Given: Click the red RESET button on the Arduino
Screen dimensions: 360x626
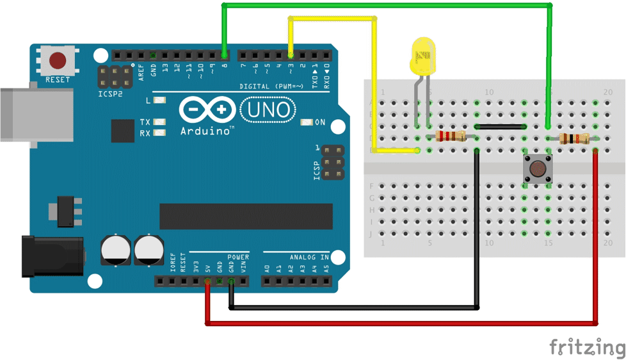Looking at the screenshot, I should [58, 61].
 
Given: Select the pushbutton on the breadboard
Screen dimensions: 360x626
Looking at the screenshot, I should [536, 169].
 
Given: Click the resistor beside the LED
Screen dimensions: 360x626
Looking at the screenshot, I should [451, 136].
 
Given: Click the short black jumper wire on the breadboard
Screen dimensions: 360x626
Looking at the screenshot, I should [501, 127].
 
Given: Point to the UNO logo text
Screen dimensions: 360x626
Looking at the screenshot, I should [268, 110].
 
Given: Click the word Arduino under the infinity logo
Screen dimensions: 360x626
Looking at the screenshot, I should [205, 131].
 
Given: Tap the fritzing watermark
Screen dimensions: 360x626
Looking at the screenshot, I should [586, 347].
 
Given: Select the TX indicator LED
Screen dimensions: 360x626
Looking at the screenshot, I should [159, 122].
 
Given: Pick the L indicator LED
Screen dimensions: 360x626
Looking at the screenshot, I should [159, 101].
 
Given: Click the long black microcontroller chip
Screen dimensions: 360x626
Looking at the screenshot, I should [246, 216].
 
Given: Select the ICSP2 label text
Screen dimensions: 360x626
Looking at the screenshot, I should [109, 94].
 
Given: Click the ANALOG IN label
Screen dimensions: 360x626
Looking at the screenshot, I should [309, 258].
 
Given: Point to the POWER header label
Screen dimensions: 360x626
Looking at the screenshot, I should [238, 257].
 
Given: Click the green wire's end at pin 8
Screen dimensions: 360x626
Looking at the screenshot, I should [223, 54].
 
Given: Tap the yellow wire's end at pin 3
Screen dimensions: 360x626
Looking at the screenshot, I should [291, 54].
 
